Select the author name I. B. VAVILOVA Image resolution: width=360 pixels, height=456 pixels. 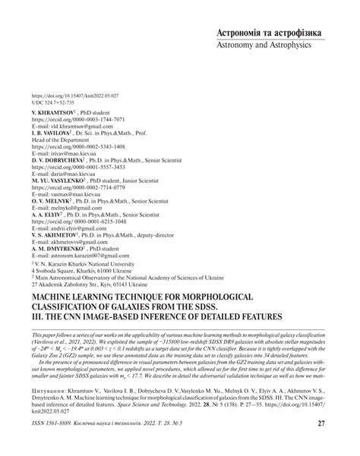(55, 133)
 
